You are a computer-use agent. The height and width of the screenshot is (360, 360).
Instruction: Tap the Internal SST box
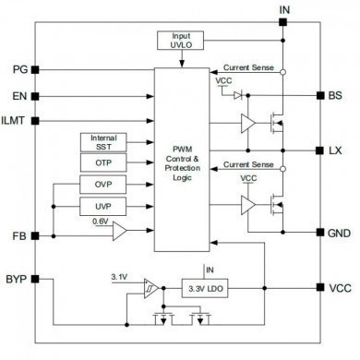103,141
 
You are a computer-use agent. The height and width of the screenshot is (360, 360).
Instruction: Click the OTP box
103,162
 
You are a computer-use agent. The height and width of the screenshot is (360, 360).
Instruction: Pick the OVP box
103,184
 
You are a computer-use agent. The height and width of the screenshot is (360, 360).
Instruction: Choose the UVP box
103,205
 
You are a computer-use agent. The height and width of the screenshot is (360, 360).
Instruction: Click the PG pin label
20,70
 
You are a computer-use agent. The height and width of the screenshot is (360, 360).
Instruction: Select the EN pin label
20,95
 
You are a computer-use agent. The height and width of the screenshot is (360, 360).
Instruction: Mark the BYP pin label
18,277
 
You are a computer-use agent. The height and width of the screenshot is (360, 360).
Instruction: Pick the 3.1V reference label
120,277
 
